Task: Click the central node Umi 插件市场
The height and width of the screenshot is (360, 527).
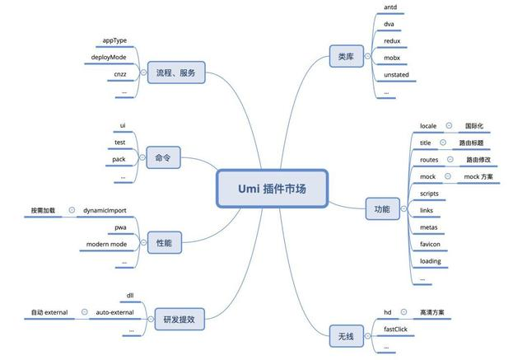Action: (272, 189)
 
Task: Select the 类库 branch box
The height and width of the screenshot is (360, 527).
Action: (346, 56)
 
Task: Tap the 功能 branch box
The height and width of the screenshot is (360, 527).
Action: (382, 208)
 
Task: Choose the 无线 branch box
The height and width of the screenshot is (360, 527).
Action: (346, 336)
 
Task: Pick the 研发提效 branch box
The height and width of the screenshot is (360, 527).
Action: (180, 319)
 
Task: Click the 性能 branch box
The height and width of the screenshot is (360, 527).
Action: (165, 242)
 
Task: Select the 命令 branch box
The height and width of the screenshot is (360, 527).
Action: (163, 157)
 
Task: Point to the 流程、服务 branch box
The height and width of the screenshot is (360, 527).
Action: (176, 72)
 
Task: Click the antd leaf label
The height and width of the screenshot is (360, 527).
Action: (390, 7)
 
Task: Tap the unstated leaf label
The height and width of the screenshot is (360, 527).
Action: (396, 75)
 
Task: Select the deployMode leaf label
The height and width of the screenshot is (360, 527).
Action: (109, 57)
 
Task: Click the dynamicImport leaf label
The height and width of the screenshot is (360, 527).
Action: (105, 210)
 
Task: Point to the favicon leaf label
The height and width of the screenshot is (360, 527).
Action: (430, 244)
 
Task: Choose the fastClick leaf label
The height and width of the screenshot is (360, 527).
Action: (395, 329)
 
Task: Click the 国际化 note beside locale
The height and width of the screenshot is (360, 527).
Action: (474, 126)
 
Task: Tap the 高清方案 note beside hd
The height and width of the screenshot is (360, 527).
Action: (431, 312)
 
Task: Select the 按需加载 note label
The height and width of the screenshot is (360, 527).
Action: (43, 210)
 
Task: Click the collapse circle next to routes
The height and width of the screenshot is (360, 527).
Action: (450, 159)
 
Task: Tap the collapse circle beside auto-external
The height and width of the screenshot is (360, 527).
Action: (85, 312)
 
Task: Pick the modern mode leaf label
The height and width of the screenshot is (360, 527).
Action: (106, 244)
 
